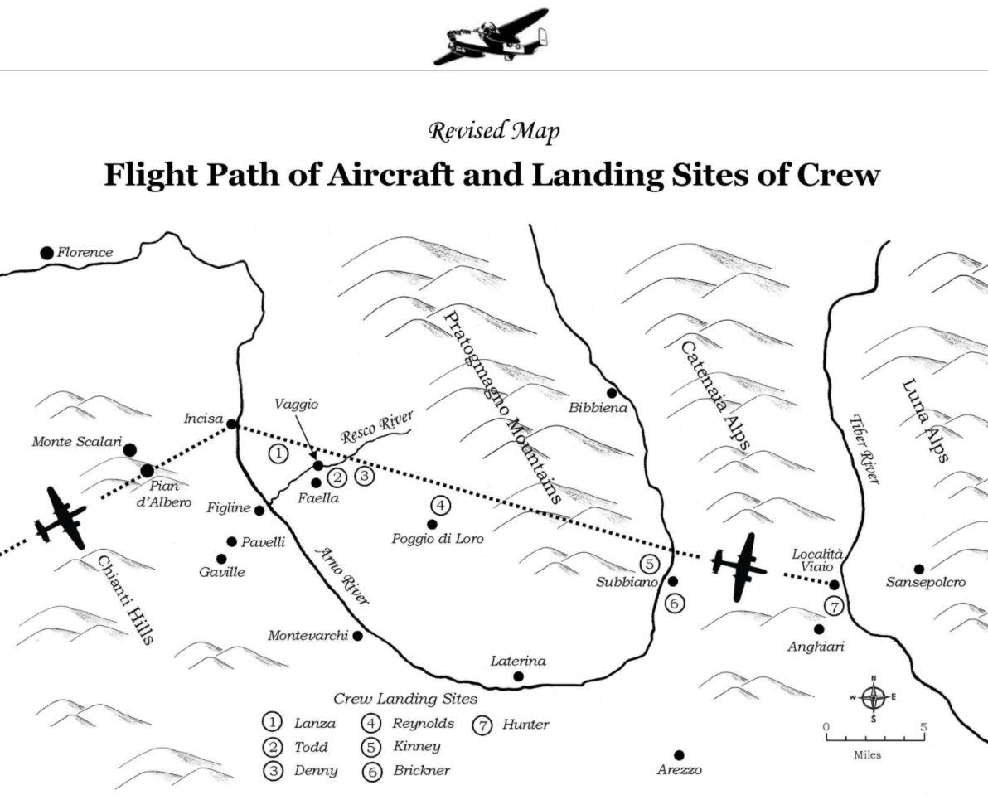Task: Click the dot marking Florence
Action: click(46, 253)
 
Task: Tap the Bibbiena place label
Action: click(598, 408)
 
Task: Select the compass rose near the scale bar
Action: click(874, 697)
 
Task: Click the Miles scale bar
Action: click(874, 735)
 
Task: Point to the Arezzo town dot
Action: click(679, 754)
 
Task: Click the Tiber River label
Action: click(864, 449)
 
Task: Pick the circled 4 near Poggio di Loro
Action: click(441, 505)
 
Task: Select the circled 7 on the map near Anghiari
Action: click(834, 607)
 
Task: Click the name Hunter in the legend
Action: click(525, 725)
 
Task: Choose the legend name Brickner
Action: click(422, 770)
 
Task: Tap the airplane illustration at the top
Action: click(491, 36)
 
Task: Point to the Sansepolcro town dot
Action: click(918, 569)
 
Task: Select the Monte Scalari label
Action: click(77, 442)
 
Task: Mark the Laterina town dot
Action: click(519, 676)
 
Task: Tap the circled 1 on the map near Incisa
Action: click(278, 453)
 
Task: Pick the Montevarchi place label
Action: click(308, 636)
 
